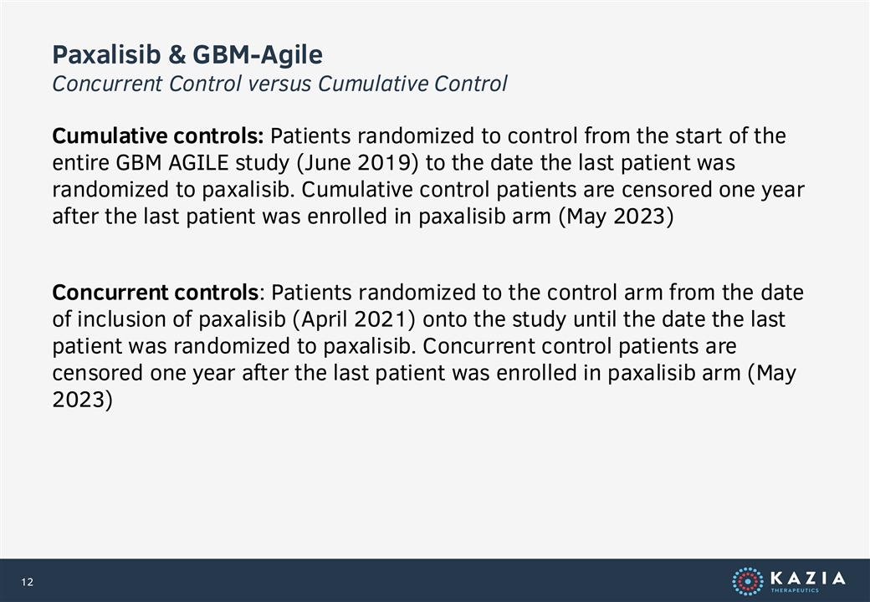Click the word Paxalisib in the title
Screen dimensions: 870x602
(x=107, y=54)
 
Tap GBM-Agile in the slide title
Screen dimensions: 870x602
(x=258, y=54)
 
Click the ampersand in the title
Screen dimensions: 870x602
(x=177, y=54)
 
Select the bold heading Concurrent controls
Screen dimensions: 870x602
(x=156, y=292)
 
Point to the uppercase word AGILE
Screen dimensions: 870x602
(x=198, y=163)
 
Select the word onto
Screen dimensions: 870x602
(x=445, y=319)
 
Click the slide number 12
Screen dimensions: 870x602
(x=27, y=581)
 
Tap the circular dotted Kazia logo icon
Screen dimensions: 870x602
(x=748, y=581)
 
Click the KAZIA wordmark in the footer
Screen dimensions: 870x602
(x=808, y=579)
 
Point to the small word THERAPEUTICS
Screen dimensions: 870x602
(x=795, y=590)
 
